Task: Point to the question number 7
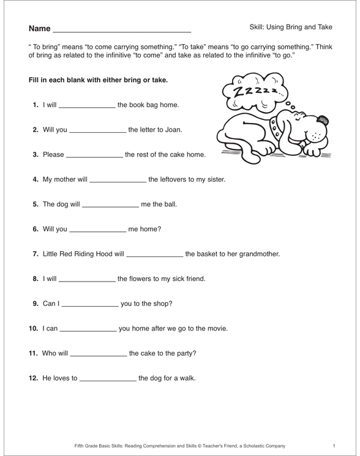pos(36,253)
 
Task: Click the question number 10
pos(34,329)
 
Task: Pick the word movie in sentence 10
pos(215,329)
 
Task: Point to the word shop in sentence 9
pos(161,303)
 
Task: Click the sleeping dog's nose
pos(324,121)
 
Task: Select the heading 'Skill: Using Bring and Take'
pos(291,27)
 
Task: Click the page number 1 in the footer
pos(334,446)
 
